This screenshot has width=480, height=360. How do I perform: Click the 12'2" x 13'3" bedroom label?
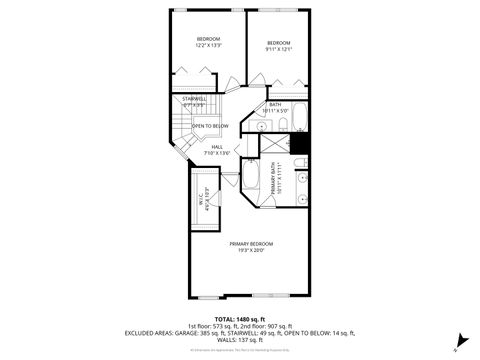tap(208, 41)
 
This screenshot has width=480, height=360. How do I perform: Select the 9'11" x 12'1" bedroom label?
tap(279, 45)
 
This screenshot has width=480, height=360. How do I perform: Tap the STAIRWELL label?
tap(194, 101)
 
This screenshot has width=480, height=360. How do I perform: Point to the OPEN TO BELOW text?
tap(210, 126)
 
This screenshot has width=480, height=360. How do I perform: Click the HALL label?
tap(217, 150)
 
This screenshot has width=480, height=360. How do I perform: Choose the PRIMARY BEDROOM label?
tap(251, 247)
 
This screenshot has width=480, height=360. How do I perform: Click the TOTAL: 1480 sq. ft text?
tap(239, 318)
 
